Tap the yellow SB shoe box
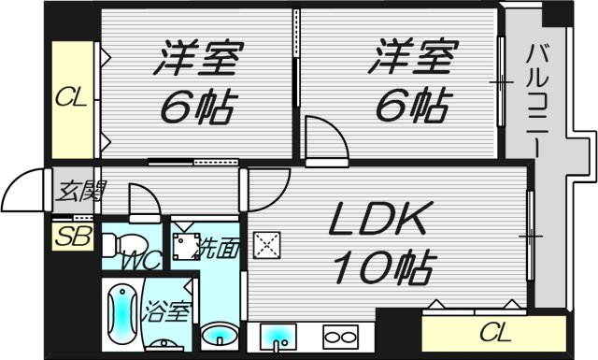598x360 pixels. pyautogui.click(x=71, y=235)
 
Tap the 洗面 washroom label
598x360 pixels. pyautogui.click(x=221, y=249)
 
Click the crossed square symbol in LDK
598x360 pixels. pyautogui.click(x=268, y=246)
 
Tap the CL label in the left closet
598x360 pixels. pyautogui.click(x=71, y=96)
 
